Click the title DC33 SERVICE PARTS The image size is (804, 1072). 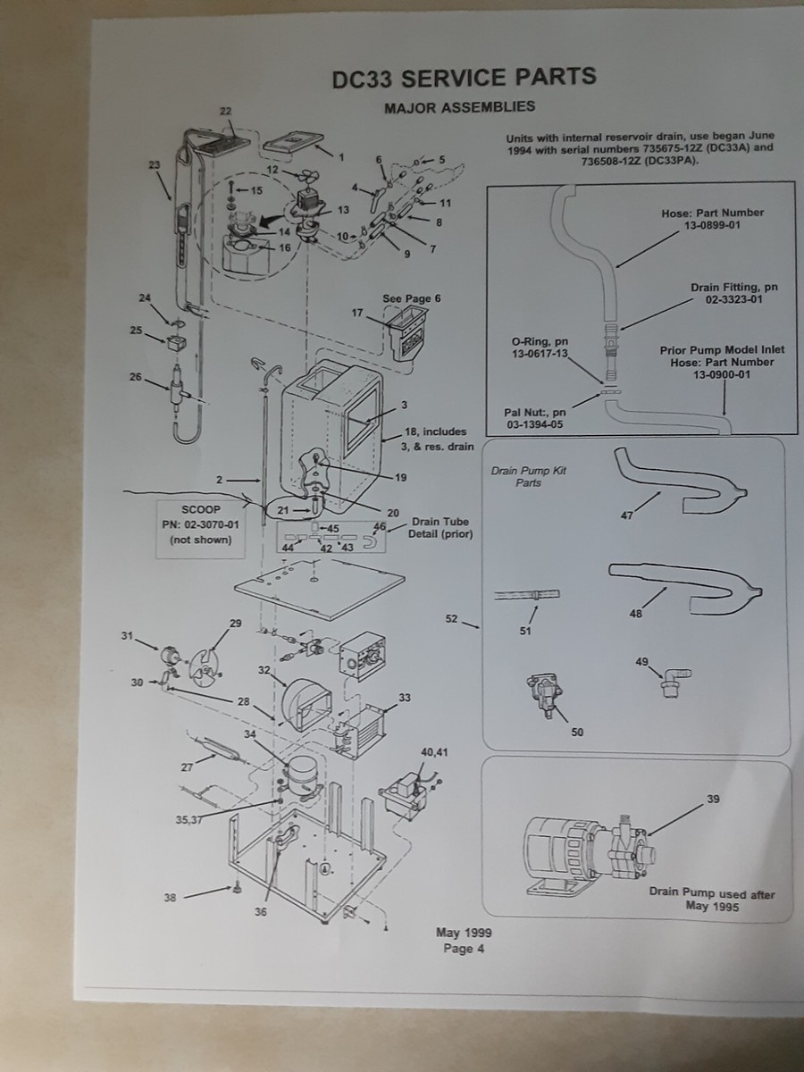tap(463, 78)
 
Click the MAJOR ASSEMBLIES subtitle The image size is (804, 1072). tap(459, 107)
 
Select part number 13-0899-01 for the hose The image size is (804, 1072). tap(713, 227)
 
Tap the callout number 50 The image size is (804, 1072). tap(577, 733)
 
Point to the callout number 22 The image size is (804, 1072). tap(225, 110)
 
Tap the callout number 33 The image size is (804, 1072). tap(405, 698)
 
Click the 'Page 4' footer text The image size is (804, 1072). tap(464, 949)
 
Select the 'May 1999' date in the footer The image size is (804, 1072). tap(464, 934)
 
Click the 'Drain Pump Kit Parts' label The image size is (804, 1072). tap(529, 476)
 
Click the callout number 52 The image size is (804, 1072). tap(450, 617)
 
